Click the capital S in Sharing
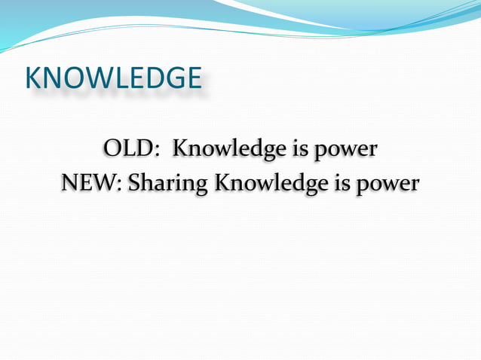tap(135, 182)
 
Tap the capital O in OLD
tap(113, 148)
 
